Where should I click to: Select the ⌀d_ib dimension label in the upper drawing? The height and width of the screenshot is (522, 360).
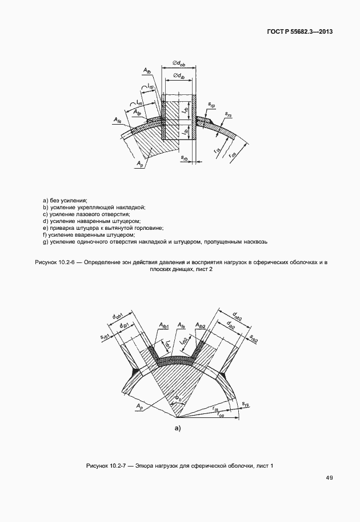[x=178, y=76]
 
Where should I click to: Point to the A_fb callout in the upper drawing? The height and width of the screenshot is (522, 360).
[x=147, y=71]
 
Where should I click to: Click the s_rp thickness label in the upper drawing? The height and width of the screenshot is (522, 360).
[x=212, y=106]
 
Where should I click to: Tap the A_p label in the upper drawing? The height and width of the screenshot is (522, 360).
[x=140, y=164]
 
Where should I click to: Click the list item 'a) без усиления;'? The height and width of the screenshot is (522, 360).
[x=65, y=200]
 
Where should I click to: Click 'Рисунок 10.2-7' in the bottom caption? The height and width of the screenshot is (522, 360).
[x=109, y=465]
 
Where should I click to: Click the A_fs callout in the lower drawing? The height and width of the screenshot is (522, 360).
[x=181, y=325]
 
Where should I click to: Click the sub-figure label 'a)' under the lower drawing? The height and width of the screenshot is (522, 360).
[x=177, y=428]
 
